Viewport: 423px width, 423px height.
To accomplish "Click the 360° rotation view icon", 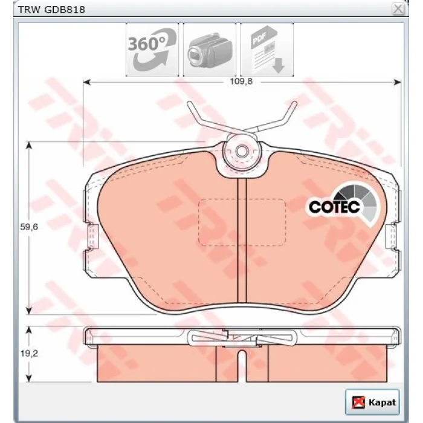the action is (152, 50).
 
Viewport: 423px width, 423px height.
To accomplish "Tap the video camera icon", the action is (210, 50).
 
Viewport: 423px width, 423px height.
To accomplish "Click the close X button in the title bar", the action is (398, 10).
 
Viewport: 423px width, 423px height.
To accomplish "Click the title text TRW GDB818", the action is (51, 10).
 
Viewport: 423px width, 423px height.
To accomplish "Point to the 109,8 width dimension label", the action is (241, 82).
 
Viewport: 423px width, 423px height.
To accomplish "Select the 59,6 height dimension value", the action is (29, 227).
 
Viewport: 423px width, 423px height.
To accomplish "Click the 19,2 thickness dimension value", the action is (29, 354).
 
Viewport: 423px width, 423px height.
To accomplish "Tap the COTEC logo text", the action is (334, 207).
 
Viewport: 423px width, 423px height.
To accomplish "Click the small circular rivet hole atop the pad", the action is (242, 151).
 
